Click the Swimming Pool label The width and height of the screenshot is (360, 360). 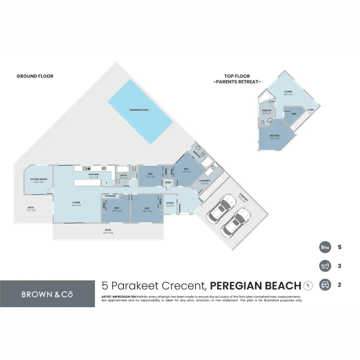139,110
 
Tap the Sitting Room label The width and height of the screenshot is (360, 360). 38,179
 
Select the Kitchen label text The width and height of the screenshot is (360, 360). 94,174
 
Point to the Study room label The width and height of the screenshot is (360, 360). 170,203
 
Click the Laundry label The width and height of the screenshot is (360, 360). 204,181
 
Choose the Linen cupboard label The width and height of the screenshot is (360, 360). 168,182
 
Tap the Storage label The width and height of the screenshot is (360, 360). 110,196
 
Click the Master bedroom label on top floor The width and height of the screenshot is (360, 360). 274,136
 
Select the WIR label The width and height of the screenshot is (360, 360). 294,114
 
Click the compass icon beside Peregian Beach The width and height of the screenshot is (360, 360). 308,286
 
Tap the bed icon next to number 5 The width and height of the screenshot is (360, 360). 325,247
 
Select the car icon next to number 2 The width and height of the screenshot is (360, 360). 325,285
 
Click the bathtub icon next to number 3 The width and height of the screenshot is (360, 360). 325,266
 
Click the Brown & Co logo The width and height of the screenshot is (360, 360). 47,294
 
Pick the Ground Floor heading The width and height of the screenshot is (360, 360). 35,76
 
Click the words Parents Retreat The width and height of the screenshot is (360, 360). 237,82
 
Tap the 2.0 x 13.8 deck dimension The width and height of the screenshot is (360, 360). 108,233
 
